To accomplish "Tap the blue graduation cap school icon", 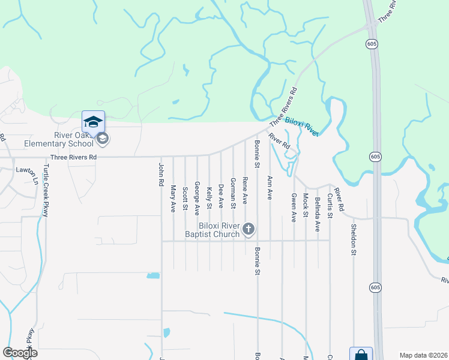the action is (x=93, y=122).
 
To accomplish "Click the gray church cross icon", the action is (x=249, y=229).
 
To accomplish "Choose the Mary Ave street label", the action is (x=173, y=198).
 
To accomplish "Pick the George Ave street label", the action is (x=197, y=199).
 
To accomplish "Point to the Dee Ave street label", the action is (x=221, y=196).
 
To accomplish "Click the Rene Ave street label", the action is (x=244, y=189).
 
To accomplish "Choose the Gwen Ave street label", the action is (x=294, y=208).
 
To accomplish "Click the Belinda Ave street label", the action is (x=318, y=213).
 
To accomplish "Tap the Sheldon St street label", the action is (x=354, y=239).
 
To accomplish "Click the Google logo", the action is (x=20, y=352).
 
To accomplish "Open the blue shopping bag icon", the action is (x=361, y=354).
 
